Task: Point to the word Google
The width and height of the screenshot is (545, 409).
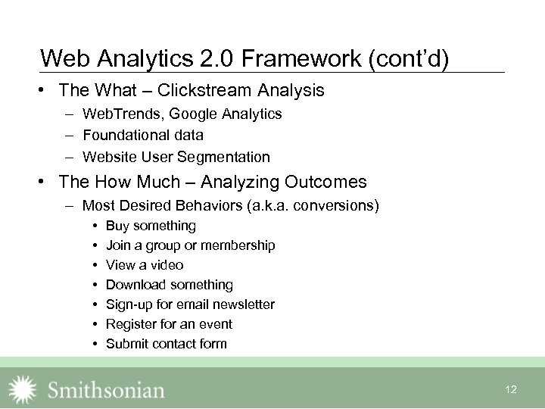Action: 195,114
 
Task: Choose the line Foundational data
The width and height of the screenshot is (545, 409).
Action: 142,136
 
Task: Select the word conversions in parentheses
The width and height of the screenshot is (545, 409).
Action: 338,205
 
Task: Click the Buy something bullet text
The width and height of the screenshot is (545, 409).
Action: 151,226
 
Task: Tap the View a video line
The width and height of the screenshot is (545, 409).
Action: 145,265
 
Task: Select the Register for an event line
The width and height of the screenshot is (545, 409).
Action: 169,324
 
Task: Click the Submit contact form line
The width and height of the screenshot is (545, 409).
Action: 166,344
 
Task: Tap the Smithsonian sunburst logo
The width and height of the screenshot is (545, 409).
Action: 23,389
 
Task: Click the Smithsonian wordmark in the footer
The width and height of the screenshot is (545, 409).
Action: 106,390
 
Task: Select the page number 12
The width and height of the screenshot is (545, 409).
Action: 511,389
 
